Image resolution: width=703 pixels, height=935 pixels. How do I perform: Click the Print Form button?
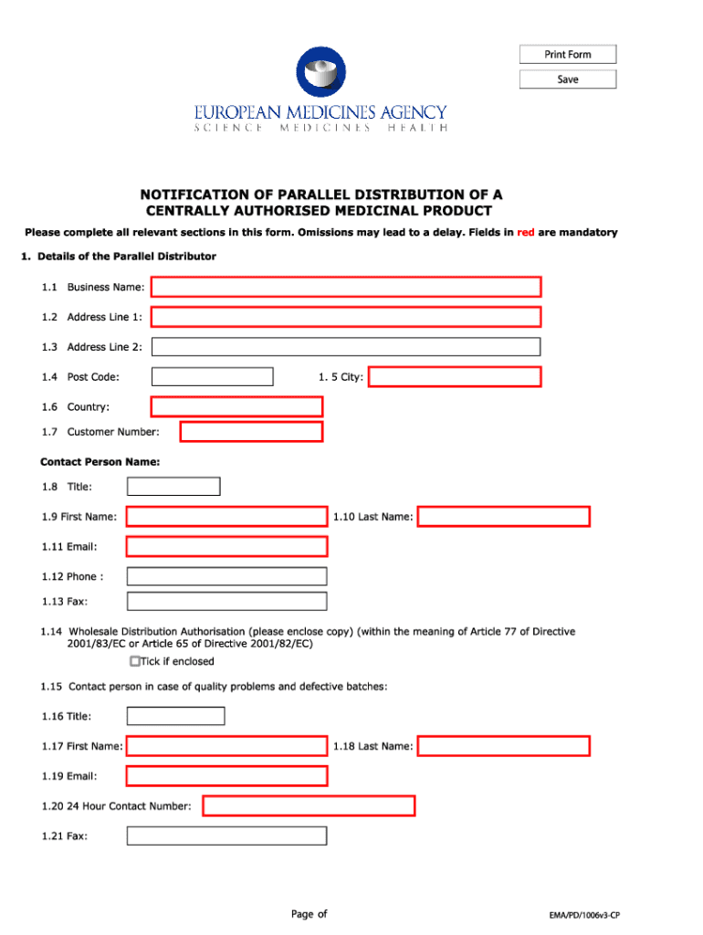point(568,55)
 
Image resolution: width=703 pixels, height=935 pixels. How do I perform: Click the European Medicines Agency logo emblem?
point(320,73)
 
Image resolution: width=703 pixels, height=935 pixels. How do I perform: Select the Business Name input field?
point(346,288)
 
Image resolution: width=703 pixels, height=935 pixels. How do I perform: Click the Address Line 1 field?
point(346,318)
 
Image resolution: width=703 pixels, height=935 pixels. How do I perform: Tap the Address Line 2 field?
point(346,347)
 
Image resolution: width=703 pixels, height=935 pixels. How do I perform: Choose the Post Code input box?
point(212,377)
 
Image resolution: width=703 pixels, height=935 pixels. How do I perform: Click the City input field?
point(455,377)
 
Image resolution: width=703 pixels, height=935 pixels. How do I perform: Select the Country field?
point(236,407)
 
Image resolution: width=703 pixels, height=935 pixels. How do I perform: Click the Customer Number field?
point(251,432)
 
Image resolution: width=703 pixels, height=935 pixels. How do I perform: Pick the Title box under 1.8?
point(173,487)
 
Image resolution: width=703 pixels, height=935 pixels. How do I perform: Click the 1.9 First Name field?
point(226,517)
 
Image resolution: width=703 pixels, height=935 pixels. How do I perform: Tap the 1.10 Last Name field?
point(504,517)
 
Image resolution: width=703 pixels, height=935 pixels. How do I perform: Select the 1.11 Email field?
point(226,547)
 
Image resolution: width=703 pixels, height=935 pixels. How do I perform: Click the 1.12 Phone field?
point(226,576)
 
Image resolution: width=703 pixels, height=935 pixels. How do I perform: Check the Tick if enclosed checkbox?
point(135,661)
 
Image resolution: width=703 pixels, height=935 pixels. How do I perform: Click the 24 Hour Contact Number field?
point(309,806)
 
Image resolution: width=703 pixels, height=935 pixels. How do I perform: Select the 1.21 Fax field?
point(226,835)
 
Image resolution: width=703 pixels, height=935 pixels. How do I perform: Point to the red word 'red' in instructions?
point(526,233)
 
